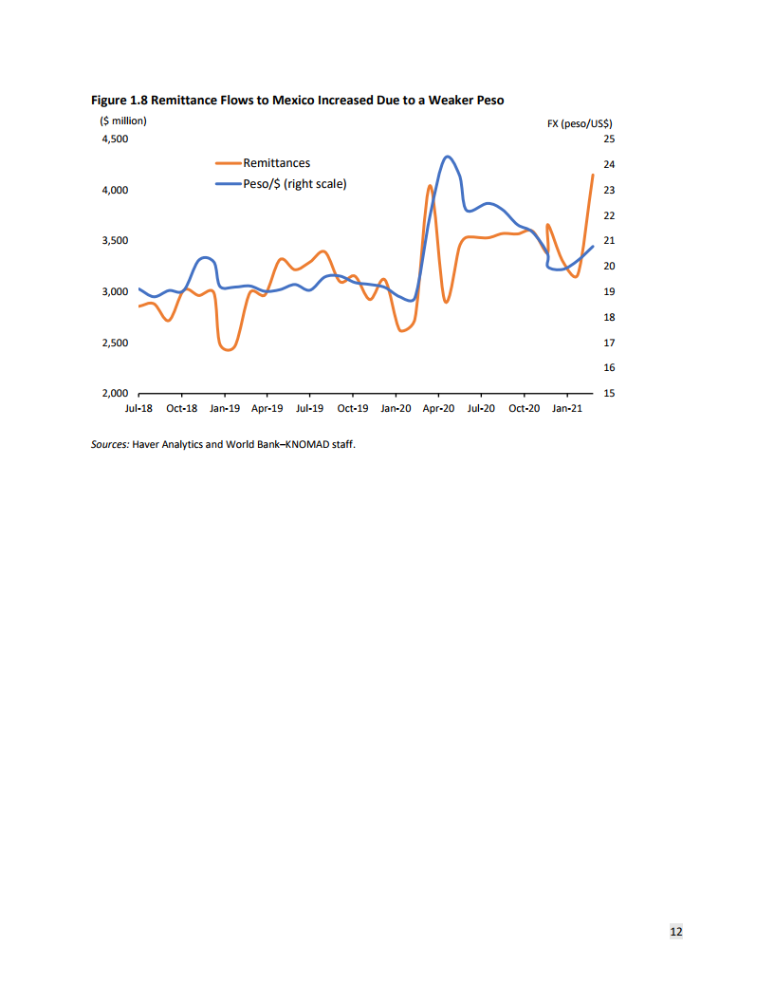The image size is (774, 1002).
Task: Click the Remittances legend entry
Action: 276,163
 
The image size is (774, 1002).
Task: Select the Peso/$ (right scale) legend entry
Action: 294,183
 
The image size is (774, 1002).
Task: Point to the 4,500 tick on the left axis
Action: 115,139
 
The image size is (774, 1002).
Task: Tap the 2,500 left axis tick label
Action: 115,343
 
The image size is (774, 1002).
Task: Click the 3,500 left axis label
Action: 115,241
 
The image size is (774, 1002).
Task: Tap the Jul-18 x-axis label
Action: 138,408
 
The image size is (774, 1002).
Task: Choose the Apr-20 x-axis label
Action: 438,408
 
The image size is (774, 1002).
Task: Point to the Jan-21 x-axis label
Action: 566,408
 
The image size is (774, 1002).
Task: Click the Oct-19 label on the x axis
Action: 352,408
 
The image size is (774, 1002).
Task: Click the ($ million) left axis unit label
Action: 123,121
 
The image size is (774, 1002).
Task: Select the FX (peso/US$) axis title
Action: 580,123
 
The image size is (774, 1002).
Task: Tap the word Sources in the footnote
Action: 109,443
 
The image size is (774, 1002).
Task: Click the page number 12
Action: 676,932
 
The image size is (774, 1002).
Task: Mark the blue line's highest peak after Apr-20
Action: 447,157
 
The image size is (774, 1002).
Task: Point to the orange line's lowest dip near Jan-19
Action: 228,350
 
